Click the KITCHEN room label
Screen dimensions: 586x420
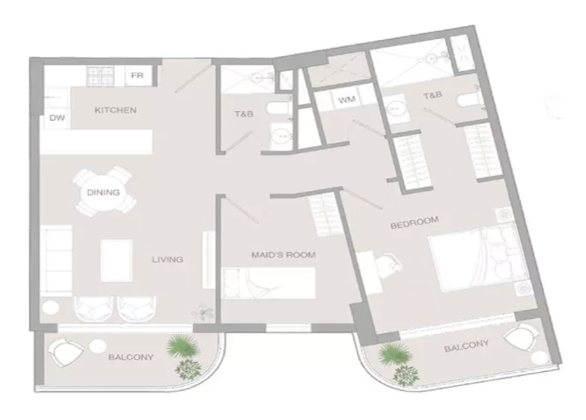point(115,110)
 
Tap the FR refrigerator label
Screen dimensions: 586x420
point(137,75)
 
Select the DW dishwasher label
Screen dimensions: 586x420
point(57,118)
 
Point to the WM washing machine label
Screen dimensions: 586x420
point(346,100)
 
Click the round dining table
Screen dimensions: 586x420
point(103,193)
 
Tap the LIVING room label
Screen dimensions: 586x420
point(168,259)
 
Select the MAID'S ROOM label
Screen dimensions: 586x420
point(283,255)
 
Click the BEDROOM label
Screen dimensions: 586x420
point(414,222)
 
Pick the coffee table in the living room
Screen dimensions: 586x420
point(117,261)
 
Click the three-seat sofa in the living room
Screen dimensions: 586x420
point(56,261)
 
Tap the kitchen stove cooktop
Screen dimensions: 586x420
point(100,76)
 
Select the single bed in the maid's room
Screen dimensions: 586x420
point(269,283)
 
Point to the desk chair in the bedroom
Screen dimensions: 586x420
point(390,265)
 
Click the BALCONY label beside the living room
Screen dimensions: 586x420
point(131,358)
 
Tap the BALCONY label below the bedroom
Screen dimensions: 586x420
point(466,346)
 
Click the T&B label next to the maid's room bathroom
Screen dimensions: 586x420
point(244,113)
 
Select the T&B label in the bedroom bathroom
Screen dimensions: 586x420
point(433,96)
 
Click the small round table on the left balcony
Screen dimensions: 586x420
point(98,347)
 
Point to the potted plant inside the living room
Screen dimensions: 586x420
point(203,311)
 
